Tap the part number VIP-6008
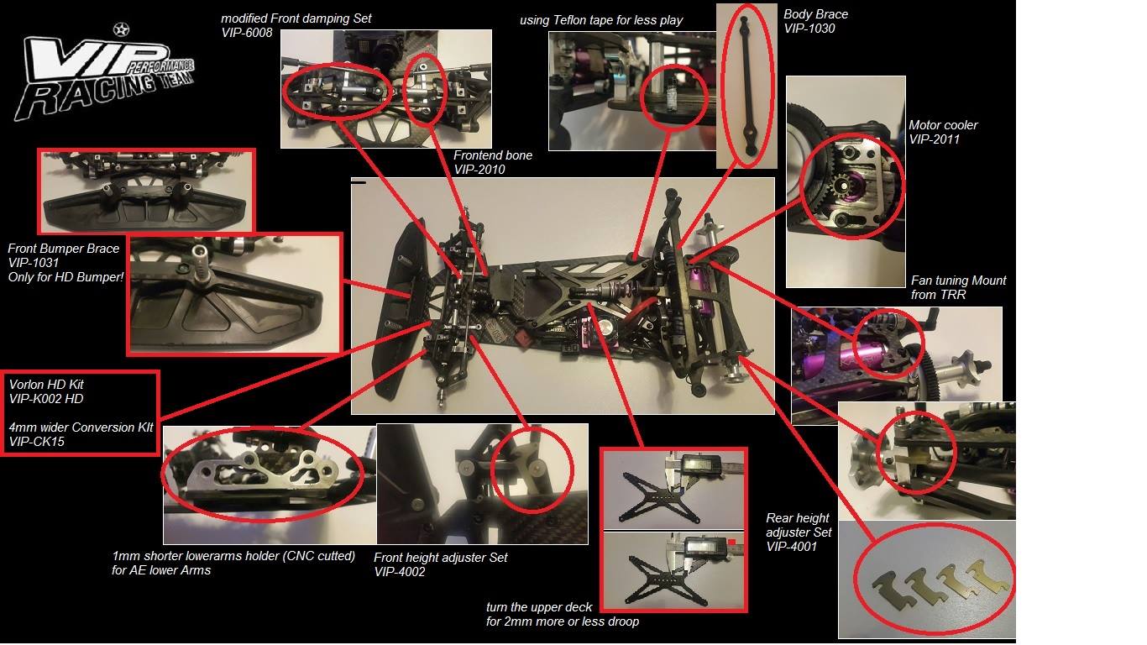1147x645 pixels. (x=247, y=33)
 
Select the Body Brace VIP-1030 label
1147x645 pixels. (x=815, y=22)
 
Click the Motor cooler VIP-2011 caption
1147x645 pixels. (x=943, y=132)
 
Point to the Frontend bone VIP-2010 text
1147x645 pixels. (x=493, y=162)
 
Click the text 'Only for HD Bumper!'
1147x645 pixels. (x=66, y=277)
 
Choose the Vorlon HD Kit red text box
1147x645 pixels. (x=80, y=413)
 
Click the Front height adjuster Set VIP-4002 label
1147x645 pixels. (x=441, y=564)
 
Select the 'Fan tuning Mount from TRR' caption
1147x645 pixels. (x=959, y=287)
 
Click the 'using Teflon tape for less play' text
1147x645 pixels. (x=601, y=20)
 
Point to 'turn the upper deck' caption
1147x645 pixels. (x=539, y=607)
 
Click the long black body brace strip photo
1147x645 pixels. (x=746, y=86)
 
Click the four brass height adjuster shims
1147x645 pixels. (x=940, y=581)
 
